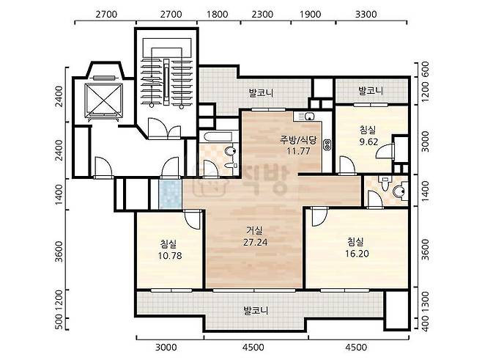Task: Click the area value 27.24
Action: pyautogui.click(x=255, y=242)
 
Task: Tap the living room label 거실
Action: pyautogui.click(x=254, y=230)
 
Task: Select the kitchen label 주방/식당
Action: pyautogui.click(x=298, y=140)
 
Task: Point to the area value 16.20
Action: pyautogui.click(x=357, y=254)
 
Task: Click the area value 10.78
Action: pyautogui.click(x=170, y=255)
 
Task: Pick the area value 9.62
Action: pyautogui.click(x=368, y=142)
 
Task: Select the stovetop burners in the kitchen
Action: pyautogui.click(x=327, y=144)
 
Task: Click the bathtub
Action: pyautogui.click(x=218, y=136)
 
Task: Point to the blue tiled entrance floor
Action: pyautogui.click(x=170, y=194)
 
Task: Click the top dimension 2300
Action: pyautogui.click(x=262, y=14)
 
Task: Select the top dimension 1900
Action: pyautogui.click(x=310, y=14)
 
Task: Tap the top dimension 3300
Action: pyautogui.click(x=366, y=14)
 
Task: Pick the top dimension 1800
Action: pyautogui.click(x=217, y=14)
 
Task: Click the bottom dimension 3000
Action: pyautogui.click(x=166, y=348)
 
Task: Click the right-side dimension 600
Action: pyautogui.click(x=425, y=70)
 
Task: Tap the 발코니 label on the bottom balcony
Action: pyautogui.click(x=256, y=310)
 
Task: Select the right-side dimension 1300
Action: pyautogui.click(x=425, y=302)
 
